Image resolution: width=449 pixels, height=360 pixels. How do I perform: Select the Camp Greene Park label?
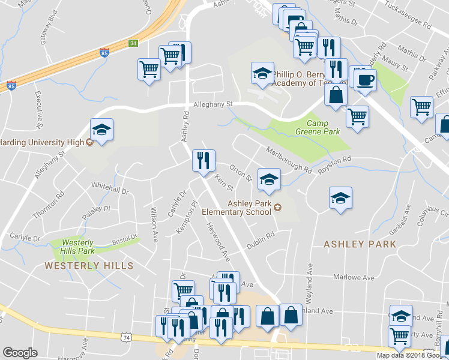318,127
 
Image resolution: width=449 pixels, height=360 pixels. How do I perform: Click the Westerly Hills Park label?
79,247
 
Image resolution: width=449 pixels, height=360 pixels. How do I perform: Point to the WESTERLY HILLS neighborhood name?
88,265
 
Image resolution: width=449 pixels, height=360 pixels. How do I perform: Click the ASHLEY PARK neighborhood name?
360,244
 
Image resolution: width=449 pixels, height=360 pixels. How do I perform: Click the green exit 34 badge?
133,43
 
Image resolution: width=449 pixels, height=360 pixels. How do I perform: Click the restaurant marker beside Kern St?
203,161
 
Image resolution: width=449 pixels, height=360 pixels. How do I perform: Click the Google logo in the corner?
20,353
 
